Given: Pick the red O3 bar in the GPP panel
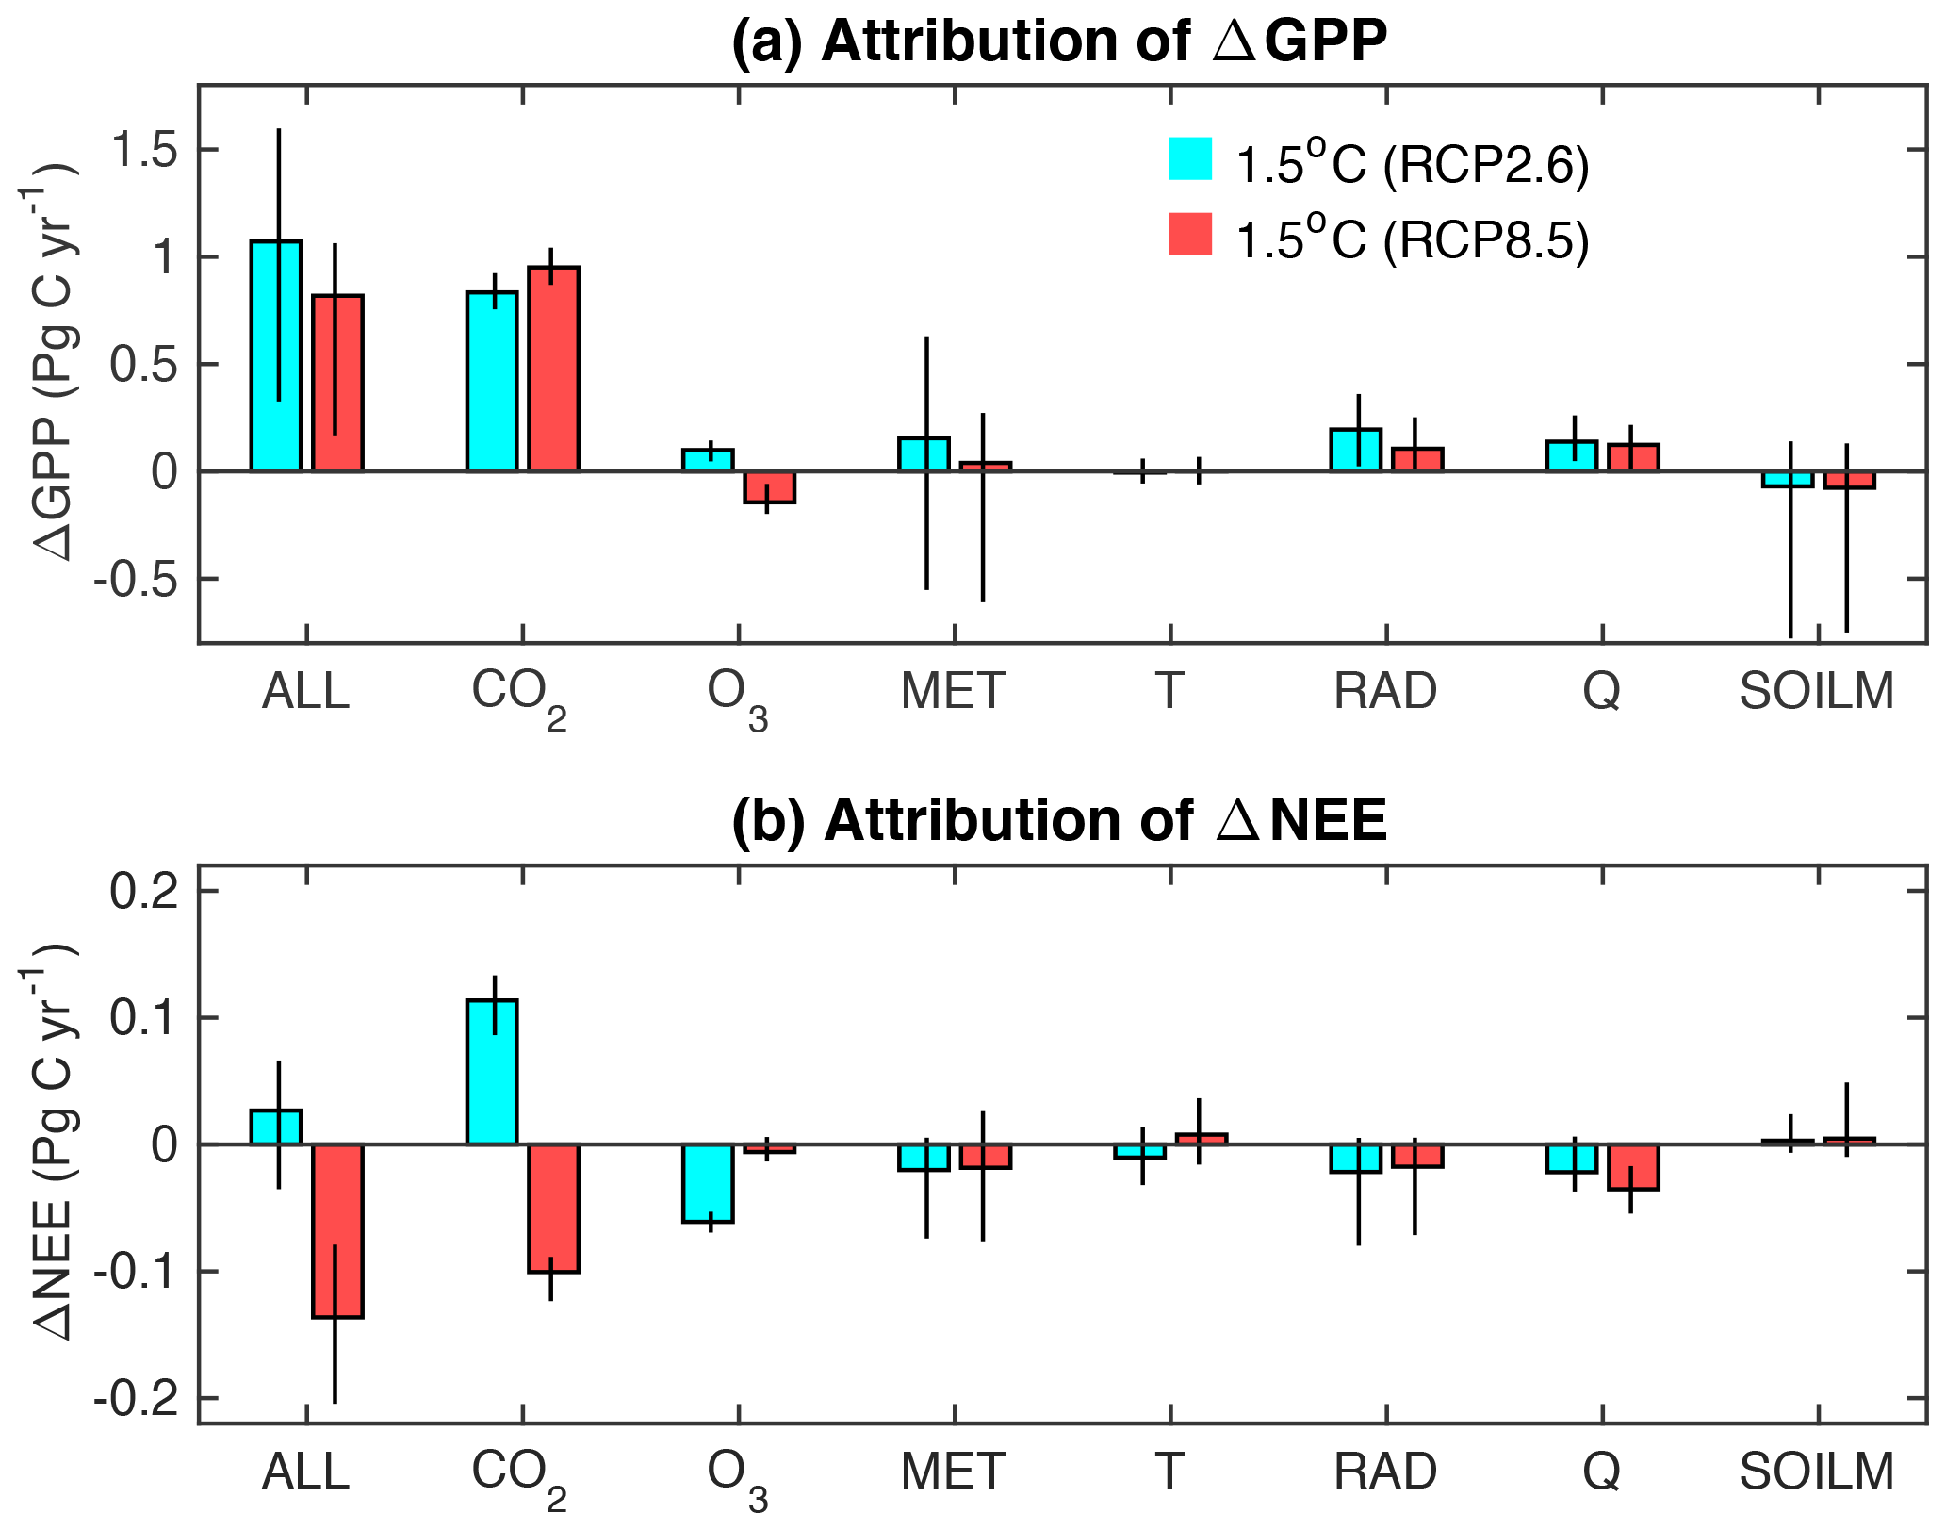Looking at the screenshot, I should pyautogui.click(x=770, y=487).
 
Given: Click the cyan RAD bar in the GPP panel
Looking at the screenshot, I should pyautogui.click(x=1356, y=450).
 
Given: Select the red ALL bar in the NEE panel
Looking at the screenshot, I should pyautogui.click(x=338, y=1230).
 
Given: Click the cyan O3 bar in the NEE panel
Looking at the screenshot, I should pyautogui.click(x=709, y=1183).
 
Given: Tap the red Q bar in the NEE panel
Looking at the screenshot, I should pyautogui.click(x=1633, y=1167).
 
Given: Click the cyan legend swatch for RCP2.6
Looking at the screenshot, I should pyautogui.click(x=1190, y=158).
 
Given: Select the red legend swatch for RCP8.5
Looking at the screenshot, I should pyautogui.click(x=1190, y=234).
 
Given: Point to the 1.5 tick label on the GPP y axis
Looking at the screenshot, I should pyautogui.click(x=143, y=151).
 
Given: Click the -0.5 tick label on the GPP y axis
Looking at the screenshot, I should pyautogui.click(x=135, y=580).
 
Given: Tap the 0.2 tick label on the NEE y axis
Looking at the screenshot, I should pyautogui.click(x=143, y=892).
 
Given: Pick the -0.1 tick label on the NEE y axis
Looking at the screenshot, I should pyautogui.click(x=135, y=1273).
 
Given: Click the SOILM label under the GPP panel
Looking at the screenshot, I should pyautogui.click(x=1816, y=691).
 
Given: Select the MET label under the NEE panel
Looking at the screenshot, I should pyautogui.click(x=953, y=1471).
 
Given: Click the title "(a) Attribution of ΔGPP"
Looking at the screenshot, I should pyautogui.click(x=1059, y=41).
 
